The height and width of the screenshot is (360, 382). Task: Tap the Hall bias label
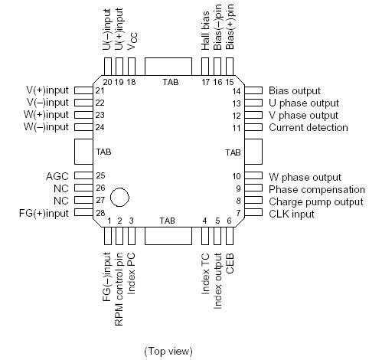(x=206, y=35)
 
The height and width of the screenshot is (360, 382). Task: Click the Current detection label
(x=307, y=127)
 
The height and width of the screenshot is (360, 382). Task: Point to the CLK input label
(x=292, y=214)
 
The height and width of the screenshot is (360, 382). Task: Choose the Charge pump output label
(x=315, y=201)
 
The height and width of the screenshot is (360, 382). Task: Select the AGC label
(x=57, y=176)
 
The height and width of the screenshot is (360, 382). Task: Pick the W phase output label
(x=305, y=177)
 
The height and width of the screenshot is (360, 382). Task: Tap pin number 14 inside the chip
(x=237, y=90)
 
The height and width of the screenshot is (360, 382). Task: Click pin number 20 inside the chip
(x=107, y=81)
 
